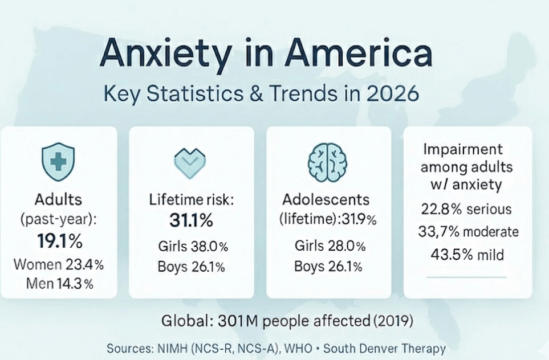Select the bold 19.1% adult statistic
[59, 241]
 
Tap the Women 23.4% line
[58, 265]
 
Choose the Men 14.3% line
[58, 284]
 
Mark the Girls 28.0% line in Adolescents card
[330, 246]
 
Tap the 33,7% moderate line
[467, 232]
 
